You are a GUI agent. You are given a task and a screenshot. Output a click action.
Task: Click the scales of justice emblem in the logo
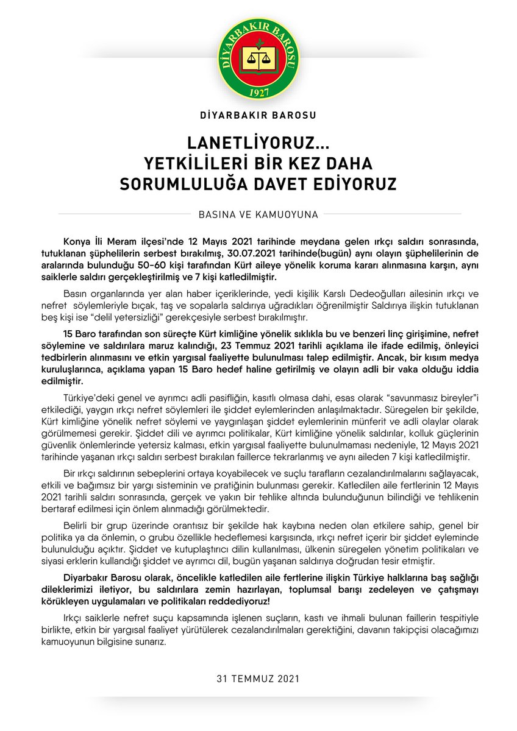258,58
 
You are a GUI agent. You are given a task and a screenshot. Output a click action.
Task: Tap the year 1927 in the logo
258,91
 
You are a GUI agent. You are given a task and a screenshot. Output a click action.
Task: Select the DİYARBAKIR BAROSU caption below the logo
258,115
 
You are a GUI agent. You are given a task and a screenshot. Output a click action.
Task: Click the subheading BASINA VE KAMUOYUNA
258,214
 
